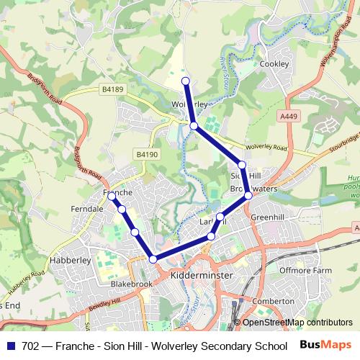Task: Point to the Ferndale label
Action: point(84,209)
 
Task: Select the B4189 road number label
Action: point(112,90)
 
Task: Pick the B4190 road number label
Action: point(146,154)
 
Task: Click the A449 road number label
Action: point(289,115)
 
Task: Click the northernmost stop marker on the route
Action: point(186,81)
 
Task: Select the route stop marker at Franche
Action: point(112,196)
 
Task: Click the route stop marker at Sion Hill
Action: point(242,165)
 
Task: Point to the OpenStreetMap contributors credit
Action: point(297,323)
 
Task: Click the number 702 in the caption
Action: point(31,346)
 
